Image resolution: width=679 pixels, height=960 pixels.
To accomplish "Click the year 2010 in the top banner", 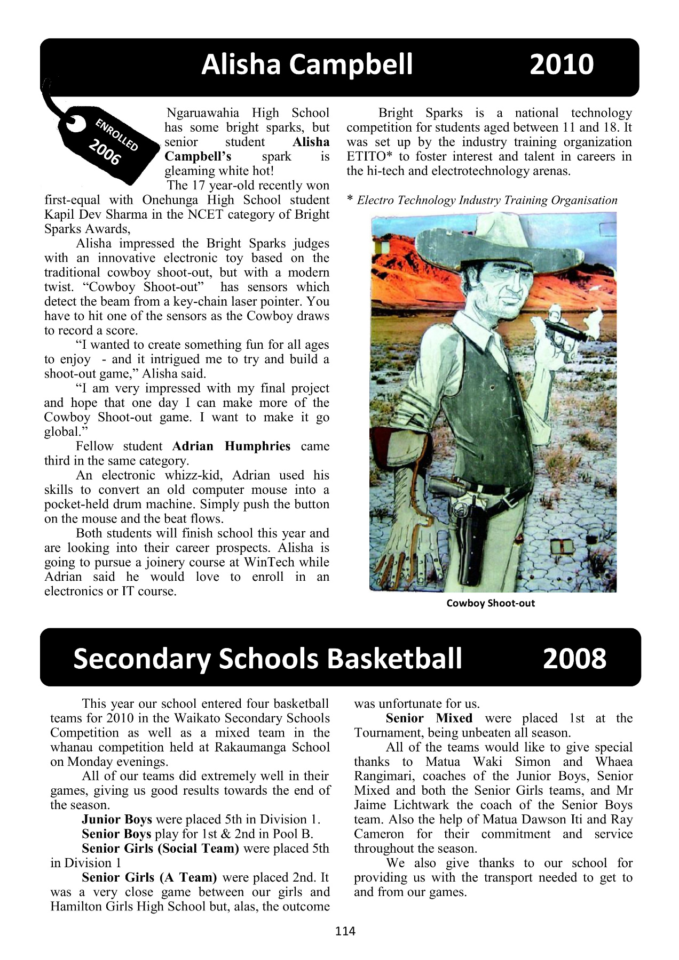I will coord(561,65).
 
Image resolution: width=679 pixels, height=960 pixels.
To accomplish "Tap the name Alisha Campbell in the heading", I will coord(307,65).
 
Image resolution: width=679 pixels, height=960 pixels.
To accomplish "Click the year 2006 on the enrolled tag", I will coord(104,153).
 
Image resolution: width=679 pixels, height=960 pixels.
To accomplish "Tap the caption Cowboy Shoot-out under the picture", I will coord(491,603).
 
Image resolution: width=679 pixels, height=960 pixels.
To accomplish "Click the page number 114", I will coord(345,931).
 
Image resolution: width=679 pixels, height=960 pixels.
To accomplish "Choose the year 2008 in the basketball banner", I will coord(574,658).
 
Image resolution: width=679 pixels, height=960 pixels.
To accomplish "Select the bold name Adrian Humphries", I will coord(231,446).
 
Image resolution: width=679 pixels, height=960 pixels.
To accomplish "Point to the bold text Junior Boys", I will coord(117,819).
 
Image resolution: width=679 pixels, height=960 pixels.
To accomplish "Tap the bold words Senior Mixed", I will coord(429,718).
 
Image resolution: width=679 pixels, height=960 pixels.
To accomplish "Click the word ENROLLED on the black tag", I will coord(117,134).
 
